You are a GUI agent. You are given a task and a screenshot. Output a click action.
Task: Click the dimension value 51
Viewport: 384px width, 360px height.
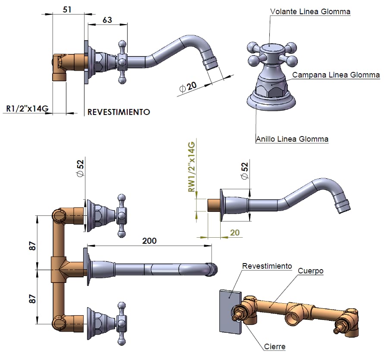(x=67, y=9)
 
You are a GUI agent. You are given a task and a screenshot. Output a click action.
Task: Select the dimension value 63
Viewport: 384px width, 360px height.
(x=107, y=20)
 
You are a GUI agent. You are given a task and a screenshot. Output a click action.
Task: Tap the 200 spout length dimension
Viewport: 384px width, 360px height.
(x=150, y=241)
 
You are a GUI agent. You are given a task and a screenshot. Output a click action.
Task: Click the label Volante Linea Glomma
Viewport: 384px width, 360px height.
(x=310, y=12)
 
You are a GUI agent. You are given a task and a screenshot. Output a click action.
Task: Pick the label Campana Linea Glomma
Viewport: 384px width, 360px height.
(x=336, y=75)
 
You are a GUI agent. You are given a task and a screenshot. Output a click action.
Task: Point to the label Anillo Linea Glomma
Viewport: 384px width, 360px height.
(x=292, y=139)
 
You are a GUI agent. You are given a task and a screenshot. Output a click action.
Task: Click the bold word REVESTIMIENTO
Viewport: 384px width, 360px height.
(x=119, y=112)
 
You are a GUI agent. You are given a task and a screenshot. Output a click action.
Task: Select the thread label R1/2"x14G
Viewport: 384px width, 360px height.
(x=27, y=109)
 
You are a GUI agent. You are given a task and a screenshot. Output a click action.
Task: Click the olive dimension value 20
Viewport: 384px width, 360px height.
(x=234, y=233)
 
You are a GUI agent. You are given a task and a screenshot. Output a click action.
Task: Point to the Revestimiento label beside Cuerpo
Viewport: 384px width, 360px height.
(x=267, y=266)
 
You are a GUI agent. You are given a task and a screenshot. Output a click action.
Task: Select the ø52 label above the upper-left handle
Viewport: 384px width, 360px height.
(x=80, y=169)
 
